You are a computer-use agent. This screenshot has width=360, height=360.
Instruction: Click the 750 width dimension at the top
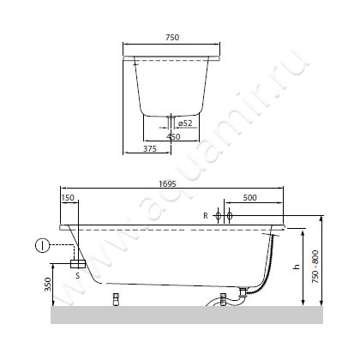point(172,38)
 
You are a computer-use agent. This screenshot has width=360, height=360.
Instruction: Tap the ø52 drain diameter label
point(185,123)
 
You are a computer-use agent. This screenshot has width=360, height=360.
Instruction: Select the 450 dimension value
point(173,137)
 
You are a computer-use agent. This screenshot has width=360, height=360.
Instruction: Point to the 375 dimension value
point(150,148)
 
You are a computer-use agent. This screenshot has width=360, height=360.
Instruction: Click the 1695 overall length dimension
point(168,183)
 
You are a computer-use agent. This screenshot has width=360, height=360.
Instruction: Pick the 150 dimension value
point(68,197)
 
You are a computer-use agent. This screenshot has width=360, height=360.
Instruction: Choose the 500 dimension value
point(250,197)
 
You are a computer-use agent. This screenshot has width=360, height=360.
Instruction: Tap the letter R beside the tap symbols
point(206,216)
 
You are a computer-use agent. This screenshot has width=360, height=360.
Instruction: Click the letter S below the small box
point(78,276)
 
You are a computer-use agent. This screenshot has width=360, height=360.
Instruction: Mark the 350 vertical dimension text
point(48,285)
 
